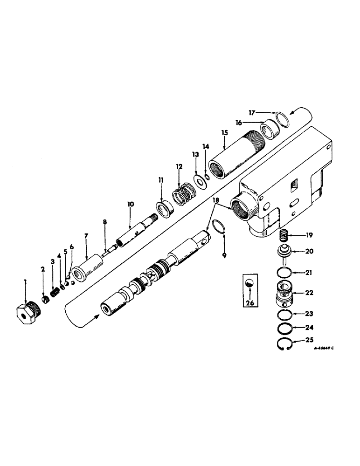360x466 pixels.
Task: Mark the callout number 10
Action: (x=130, y=204)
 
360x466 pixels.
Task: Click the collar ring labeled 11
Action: (x=165, y=208)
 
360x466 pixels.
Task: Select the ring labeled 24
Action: (x=283, y=329)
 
